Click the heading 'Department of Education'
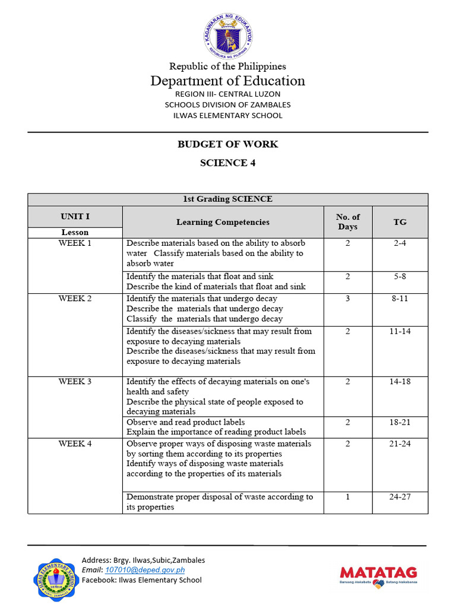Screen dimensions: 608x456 [x=228, y=81]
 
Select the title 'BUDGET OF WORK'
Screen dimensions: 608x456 [x=228, y=144]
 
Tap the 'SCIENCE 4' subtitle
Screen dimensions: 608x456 [x=228, y=163]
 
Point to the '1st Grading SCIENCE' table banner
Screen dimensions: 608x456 [x=228, y=199]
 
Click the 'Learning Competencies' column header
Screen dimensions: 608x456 [x=223, y=222]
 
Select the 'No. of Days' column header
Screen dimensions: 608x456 [x=348, y=222]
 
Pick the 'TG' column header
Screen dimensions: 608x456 [x=400, y=222]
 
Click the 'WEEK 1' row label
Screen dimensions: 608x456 [x=75, y=243]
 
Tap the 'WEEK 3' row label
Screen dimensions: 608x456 [x=75, y=382]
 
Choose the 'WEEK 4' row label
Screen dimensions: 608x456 [x=75, y=444]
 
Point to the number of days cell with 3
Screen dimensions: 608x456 [x=348, y=299]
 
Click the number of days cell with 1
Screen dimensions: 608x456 [x=348, y=497]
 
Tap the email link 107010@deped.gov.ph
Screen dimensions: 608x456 [x=137, y=570]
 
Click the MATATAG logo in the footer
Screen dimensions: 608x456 [x=378, y=574]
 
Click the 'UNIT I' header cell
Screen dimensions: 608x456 [x=75, y=217]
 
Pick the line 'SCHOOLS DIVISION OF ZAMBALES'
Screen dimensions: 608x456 [x=228, y=104]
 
